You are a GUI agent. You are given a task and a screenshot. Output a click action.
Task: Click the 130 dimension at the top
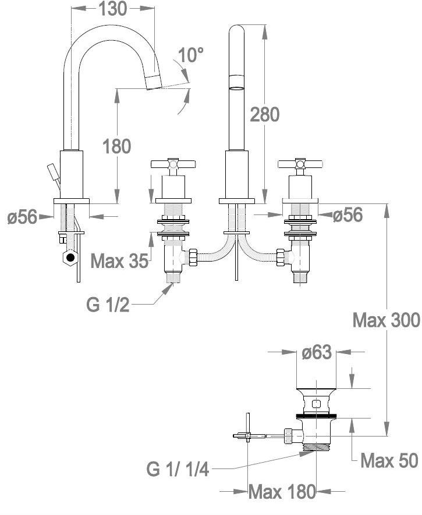coord(114,9)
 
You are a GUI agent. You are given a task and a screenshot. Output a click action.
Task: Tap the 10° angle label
coord(191,56)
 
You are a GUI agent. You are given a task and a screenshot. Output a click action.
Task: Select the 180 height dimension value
coord(117,146)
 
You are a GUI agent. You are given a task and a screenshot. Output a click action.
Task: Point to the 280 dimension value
coord(264,115)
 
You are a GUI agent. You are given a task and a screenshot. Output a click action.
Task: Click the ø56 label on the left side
coord(22,217)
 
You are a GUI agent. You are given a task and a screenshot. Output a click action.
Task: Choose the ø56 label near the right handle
coord(347,215)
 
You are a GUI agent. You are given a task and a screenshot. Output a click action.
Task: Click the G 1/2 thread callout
coord(108,305)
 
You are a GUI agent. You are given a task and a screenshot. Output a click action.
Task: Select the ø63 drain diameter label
coord(317,352)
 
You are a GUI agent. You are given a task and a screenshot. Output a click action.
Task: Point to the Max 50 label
coord(389,461)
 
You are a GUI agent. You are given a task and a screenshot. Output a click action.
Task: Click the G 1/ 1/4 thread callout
coord(178,469)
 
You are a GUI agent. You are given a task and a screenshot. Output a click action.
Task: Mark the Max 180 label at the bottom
coord(282,492)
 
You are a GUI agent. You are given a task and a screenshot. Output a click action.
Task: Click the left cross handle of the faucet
coord(172,164)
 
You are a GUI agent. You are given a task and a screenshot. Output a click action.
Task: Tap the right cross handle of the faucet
coord(299,164)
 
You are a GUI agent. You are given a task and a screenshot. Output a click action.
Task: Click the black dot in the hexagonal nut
coord(71,256)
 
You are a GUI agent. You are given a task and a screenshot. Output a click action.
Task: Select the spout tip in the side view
coord(153,81)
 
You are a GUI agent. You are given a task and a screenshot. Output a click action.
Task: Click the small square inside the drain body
coord(316,403)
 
